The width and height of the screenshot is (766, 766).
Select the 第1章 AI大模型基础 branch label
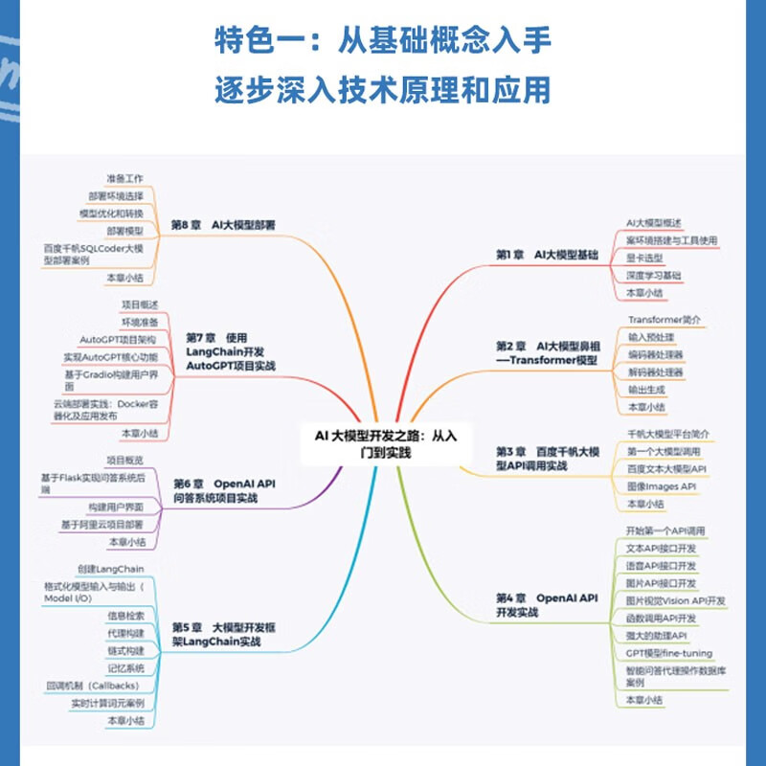coord(547,255)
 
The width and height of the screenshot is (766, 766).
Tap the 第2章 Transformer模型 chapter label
coord(549,351)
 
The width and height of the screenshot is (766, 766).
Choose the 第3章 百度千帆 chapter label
coord(548,457)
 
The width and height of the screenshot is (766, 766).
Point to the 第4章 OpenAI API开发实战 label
coord(547,604)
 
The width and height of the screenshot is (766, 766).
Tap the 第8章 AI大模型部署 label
coord(223,225)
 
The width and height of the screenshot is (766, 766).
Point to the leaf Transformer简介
coord(664,319)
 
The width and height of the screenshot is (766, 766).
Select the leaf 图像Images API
coord(661,486)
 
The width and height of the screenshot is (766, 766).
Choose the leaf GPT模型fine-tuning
coord(668,653)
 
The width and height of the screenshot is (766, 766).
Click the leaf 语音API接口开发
coord(661,566)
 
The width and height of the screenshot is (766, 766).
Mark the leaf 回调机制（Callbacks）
coord(93,686)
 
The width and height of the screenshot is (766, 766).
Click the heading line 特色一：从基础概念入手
coord(383,43)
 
